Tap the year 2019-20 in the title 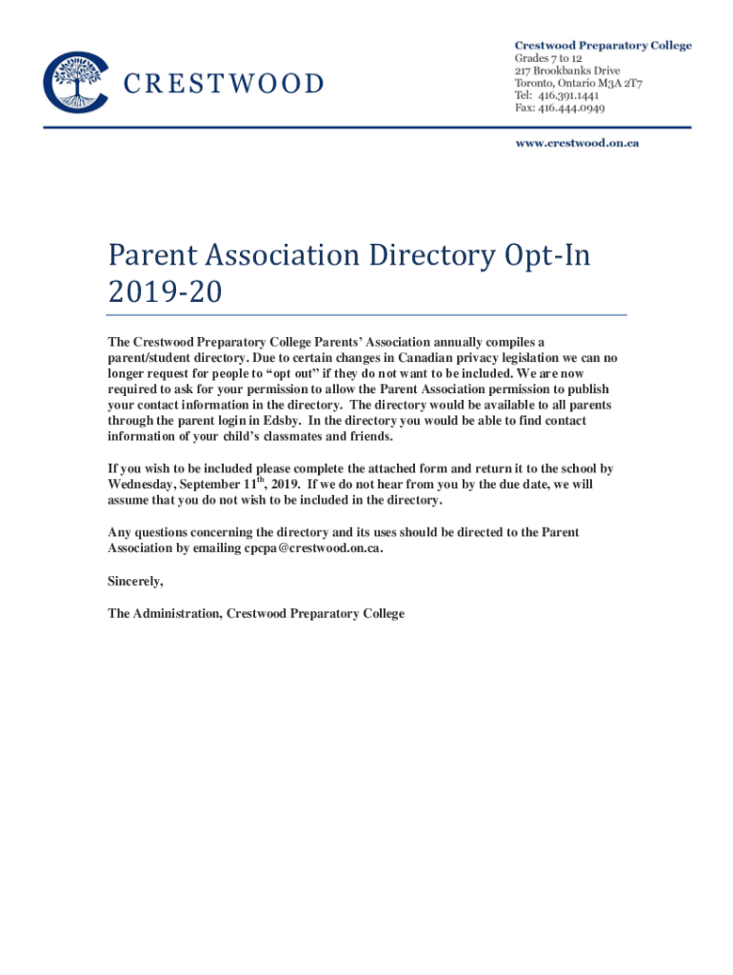click(x=165, y=293)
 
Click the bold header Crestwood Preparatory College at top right click(x=604, y=45)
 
